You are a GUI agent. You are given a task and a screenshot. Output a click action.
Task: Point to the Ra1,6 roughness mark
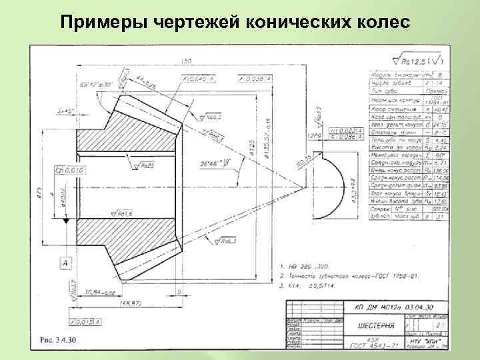pyautogui.click(x=121, y=214)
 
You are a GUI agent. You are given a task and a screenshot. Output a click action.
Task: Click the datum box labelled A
pyautogui.click(x=65, y=264)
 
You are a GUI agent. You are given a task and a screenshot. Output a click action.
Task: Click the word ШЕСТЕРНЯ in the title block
pyautogui.click(x=373, y=326)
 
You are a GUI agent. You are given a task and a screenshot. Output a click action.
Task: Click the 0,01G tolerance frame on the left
pyautogui.click(x=68, y=171)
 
